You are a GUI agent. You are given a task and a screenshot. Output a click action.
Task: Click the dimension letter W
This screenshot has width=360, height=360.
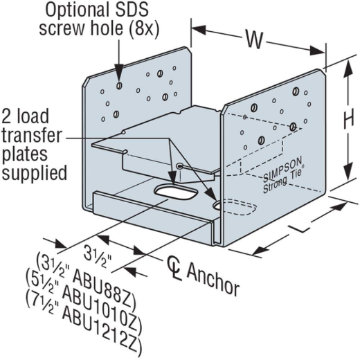tap(254, 39)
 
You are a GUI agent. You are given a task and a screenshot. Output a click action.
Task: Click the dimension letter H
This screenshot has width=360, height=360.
tap(348, 118)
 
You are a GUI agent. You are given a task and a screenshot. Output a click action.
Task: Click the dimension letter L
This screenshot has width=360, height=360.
tap(300, 228)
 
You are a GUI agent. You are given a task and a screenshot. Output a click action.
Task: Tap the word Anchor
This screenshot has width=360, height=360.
tap(213, 279)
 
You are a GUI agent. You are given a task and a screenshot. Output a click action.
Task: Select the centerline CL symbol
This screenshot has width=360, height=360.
tap(174, 268)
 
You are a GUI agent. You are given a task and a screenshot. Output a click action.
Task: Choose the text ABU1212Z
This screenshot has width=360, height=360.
tap(102, 328)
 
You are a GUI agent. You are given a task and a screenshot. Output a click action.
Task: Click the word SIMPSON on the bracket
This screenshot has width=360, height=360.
tap(283, 168)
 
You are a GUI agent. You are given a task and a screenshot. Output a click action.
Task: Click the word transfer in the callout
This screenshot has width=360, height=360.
tap(32, 135)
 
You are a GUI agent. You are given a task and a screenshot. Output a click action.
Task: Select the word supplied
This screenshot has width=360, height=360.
tap(35, 172)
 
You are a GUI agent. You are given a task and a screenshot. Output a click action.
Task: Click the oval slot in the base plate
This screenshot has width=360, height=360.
tap(175, 192)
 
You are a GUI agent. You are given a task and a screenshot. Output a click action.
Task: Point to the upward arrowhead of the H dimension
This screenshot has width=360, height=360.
tap(348, 71)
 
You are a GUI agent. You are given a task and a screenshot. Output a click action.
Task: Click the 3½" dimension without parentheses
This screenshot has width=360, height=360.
tap(98, 256)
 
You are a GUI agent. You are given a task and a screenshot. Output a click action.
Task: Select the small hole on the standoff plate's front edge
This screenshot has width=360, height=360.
tap(179, 165)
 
